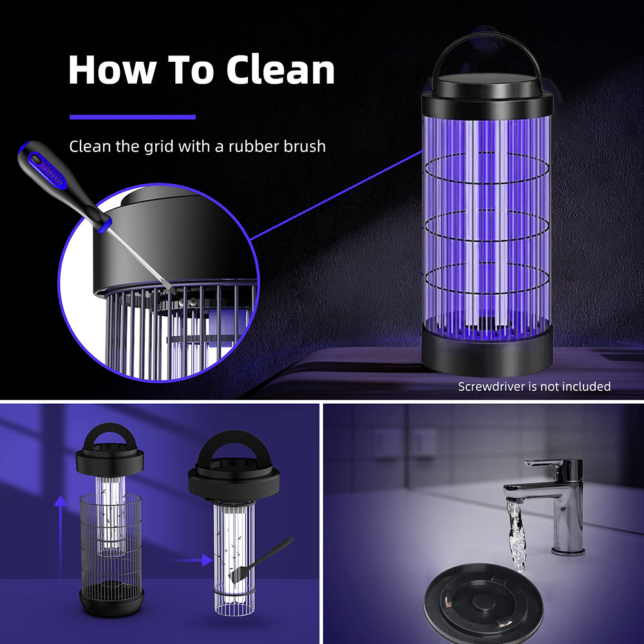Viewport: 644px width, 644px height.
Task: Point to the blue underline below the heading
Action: (132, 117)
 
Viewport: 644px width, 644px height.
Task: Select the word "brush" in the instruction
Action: (303, 146)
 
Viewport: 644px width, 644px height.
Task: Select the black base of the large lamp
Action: (487, 351)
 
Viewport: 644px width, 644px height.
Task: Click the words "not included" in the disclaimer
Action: (576, 386)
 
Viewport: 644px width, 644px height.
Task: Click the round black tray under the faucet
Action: (483, 602)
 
